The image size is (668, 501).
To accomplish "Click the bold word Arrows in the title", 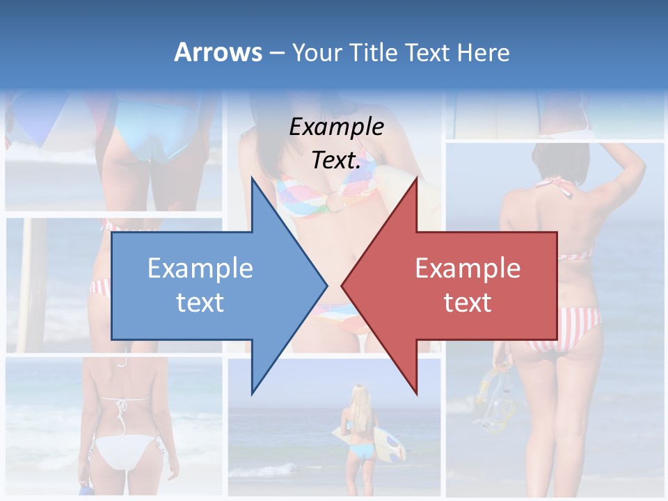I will coord(218,52).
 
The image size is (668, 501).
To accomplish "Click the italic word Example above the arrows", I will coord(337,127).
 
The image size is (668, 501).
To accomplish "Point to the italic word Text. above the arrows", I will coord(337,160).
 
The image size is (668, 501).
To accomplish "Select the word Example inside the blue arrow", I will coord(200,268).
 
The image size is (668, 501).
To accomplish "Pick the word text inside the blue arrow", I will coord(200,302).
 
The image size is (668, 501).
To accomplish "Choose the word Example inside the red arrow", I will coord(468,268).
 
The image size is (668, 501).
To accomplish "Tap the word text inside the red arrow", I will coord(468,302).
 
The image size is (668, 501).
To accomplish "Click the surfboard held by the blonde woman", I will coord(390,443).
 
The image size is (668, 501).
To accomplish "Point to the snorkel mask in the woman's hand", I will coord(497,397).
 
